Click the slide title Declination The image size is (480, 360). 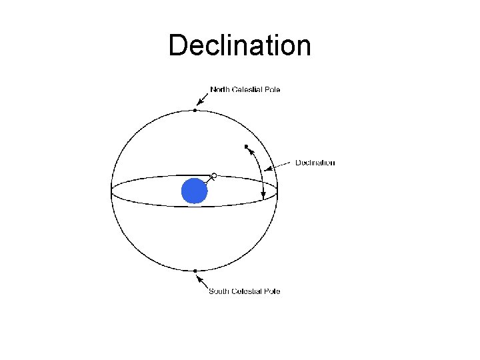(x=239, y=46)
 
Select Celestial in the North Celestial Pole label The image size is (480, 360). (x=247, y=89)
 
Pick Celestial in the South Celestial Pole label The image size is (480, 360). (x=247, y=291)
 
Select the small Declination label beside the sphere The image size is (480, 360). (x=315, y=163)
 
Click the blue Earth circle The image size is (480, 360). (x=195, y=191)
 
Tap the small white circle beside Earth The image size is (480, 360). (x=214, y=176)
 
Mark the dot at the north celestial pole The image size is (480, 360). (x=195, y=110)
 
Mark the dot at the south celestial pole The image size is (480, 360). (x=195, y=271)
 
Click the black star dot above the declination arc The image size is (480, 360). (x=247, y=146)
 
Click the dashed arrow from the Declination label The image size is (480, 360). (x=280, y=165)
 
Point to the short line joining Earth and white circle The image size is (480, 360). (x=209, y=180)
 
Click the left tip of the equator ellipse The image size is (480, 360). (x=111, y=192)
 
